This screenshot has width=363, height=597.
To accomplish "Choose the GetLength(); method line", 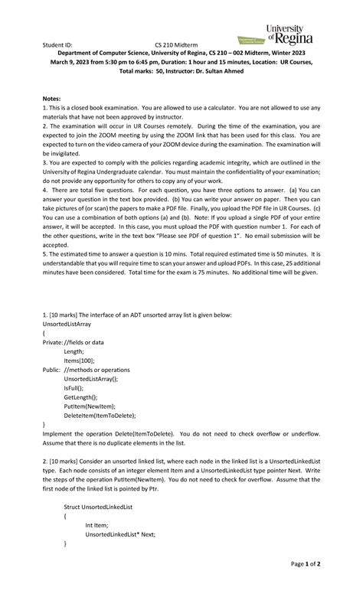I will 82,396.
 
